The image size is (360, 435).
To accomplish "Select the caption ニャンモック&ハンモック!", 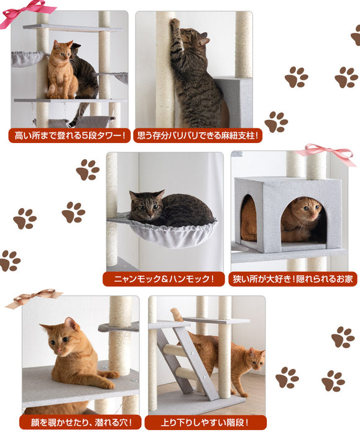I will [x=164, y=279].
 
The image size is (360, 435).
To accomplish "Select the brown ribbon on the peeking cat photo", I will [x=34, y=298].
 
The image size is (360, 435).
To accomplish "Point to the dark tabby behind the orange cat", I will [x=84, y=75].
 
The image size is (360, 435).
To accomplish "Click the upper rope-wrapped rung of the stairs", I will [x=175, y=349].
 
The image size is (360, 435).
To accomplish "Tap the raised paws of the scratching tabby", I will [x=176, y=25].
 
